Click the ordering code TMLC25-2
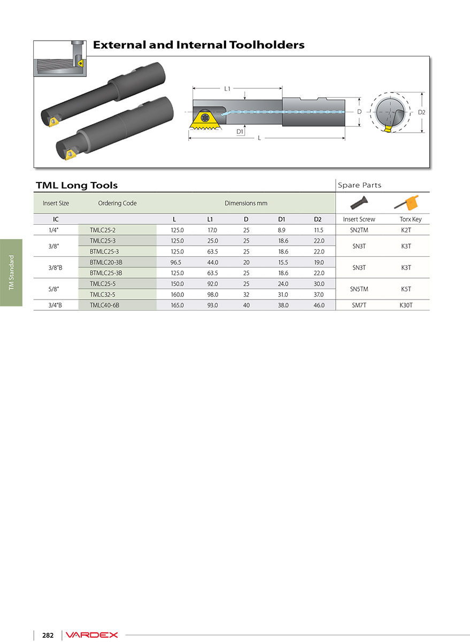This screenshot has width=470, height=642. click(x=103, y=230)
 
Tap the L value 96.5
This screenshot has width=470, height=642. click(x=176, y=262)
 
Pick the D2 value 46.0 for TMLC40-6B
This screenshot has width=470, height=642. click(x=319, y=305)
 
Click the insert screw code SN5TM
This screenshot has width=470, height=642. click(x=359, y=289)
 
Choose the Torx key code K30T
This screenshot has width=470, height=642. click(x=406, y=305)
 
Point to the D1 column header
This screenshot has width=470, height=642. click(x=282, y=219)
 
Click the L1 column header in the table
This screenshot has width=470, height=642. click(x=210, y=219)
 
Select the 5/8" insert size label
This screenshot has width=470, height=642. click(x=53, y=289)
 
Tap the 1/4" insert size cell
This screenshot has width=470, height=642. click(x=53, y=230)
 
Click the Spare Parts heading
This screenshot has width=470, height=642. click(x=359, y=185)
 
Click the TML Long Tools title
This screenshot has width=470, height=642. click(x=77, y=186)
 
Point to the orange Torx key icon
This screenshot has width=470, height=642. click(x=407, y=203)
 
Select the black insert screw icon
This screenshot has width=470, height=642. click(x=359, y=203)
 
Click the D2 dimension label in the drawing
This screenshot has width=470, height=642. click(x=421, y=112)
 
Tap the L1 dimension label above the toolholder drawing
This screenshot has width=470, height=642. click(x=227, y=89)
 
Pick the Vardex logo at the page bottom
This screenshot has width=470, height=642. click(x=91, y=635)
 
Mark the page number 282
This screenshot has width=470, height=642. click(x=48, y=635)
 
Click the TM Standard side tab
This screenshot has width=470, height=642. click(x=11, y=272)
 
